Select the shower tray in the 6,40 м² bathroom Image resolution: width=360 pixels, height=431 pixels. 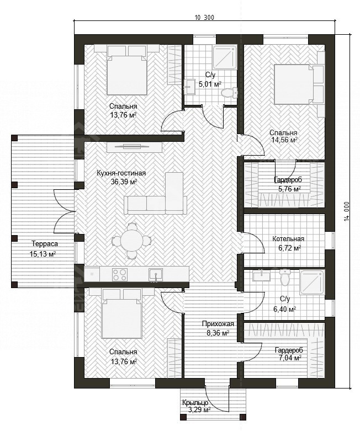coord(313,283)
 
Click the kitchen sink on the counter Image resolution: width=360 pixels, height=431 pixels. coord(156,275)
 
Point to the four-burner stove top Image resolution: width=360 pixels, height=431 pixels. coord(120,275)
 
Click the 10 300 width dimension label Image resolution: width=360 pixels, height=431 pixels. coord(204,18)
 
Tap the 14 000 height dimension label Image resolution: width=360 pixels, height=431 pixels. coord(347,211)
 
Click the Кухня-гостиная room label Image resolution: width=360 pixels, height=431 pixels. coord(121,173)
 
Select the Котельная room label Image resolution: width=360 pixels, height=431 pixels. coord(288,238)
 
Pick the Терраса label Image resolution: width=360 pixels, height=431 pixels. coord(45,244)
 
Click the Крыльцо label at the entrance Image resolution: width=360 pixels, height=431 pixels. coord(195,403)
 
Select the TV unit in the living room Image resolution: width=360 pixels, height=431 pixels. coord(135,147)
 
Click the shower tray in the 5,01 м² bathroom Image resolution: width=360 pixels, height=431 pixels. coord(225,57)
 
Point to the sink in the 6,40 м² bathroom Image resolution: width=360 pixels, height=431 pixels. coord(261,276)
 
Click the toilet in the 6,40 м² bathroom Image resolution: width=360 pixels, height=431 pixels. coord(285,277)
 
